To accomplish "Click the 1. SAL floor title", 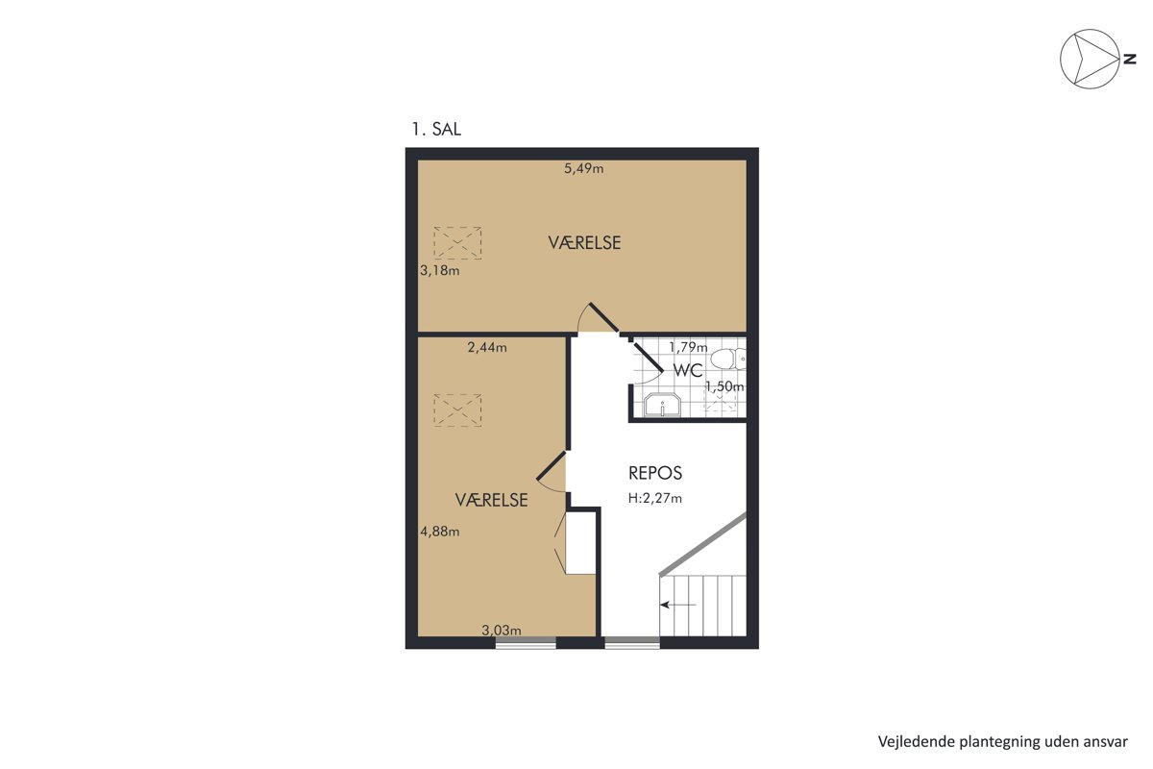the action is click(x=436, y=129).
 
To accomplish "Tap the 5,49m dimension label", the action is click(x=584, y=168).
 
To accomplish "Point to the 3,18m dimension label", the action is click(x=440, y=270).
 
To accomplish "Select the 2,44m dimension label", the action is click(x=487, y=348).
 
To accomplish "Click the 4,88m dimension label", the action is click(x=440, y=531).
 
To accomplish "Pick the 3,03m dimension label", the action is click(x=502, y=630).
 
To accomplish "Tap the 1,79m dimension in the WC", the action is click(x=688, y=348).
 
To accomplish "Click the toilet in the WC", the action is click(x=728, y=359).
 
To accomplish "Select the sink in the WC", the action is click(x=662, y=405).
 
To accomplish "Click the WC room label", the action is click(x=688, y=370).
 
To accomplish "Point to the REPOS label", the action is click(x=655, y=473).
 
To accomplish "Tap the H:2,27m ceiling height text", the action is click(x=654, y=498).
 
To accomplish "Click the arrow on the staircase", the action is click(x=678, y=605).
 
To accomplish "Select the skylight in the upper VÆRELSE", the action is click(x=457, y=242).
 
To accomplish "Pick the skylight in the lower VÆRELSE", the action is click(x=457, y=410).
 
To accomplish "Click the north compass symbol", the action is click(x=1090, y=59).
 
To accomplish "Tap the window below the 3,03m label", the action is click(x=526, y=643).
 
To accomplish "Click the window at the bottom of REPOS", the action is click(x=632, y=643).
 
